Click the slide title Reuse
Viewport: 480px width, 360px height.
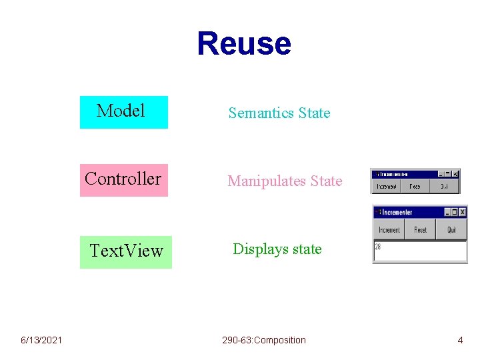(244, 43)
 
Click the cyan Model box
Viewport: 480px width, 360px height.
(123, 111)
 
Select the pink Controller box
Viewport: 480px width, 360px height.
(123, 179)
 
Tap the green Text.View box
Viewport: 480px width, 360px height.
(126, 251)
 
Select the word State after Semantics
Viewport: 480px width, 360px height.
(314, 113)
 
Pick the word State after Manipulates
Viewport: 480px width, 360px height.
(326, 181)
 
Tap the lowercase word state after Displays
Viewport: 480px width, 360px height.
(307, 249)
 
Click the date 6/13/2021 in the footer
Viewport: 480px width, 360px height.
(41, 341)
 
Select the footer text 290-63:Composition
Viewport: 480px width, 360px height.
(264, 341)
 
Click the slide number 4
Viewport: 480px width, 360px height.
(460, 341)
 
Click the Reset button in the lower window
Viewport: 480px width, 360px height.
(420, 230)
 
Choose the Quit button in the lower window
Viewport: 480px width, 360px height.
(451, 230)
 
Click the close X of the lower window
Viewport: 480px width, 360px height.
(463, 212)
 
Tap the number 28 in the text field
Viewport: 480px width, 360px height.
(378, 246)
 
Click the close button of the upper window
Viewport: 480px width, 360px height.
(455, 174)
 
